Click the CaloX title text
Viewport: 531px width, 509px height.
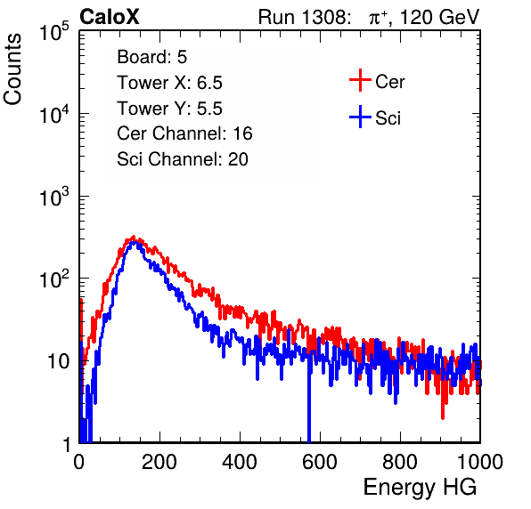(110, 17)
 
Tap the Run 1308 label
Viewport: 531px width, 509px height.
(304, 17)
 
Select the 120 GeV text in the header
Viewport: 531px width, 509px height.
(439, 17)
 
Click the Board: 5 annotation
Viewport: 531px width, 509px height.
(152, 57)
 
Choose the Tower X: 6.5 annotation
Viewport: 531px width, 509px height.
(169, 83)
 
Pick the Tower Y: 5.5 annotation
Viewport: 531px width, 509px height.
(169, 109)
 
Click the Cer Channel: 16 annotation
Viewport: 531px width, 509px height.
(184, 133)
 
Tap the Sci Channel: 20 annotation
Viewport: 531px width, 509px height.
(183, 159)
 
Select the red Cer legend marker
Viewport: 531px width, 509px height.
(360, 80)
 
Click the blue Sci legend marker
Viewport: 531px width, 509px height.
(360, 117)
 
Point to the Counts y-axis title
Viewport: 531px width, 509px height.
(12, 69)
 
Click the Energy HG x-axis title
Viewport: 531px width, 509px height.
(420, 488)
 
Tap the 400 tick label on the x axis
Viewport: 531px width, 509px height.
(240, 462)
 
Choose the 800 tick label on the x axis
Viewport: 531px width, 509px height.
(400, 462)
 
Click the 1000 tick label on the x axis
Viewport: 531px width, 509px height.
(480, 462)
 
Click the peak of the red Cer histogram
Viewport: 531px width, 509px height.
(134, 237)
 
